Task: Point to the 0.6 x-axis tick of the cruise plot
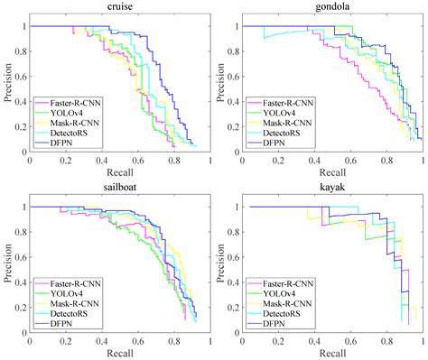coord(137,160)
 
